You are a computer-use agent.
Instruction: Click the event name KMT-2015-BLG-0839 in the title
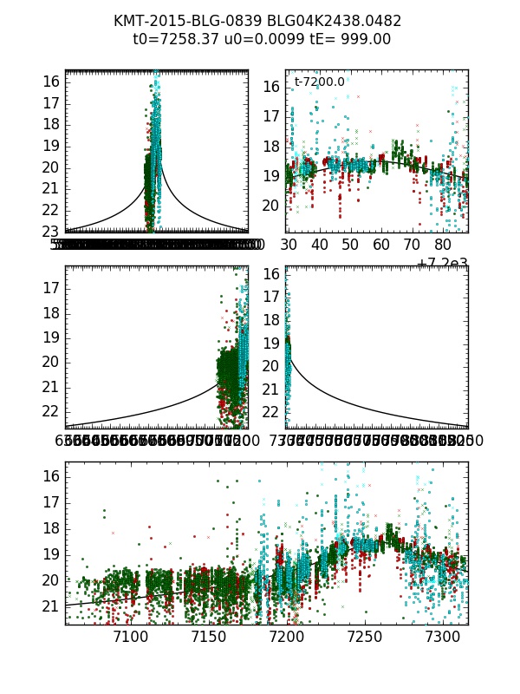(184, 21)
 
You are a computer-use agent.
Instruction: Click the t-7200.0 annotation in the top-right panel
(319, 82)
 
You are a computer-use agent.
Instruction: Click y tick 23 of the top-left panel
(49, 232)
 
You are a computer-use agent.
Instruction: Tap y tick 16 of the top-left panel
(49, 82)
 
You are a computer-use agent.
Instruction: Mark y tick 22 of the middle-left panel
(49, 410)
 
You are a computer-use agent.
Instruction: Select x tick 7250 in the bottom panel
(364, 638)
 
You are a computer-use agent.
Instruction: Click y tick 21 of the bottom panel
(49, 606)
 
